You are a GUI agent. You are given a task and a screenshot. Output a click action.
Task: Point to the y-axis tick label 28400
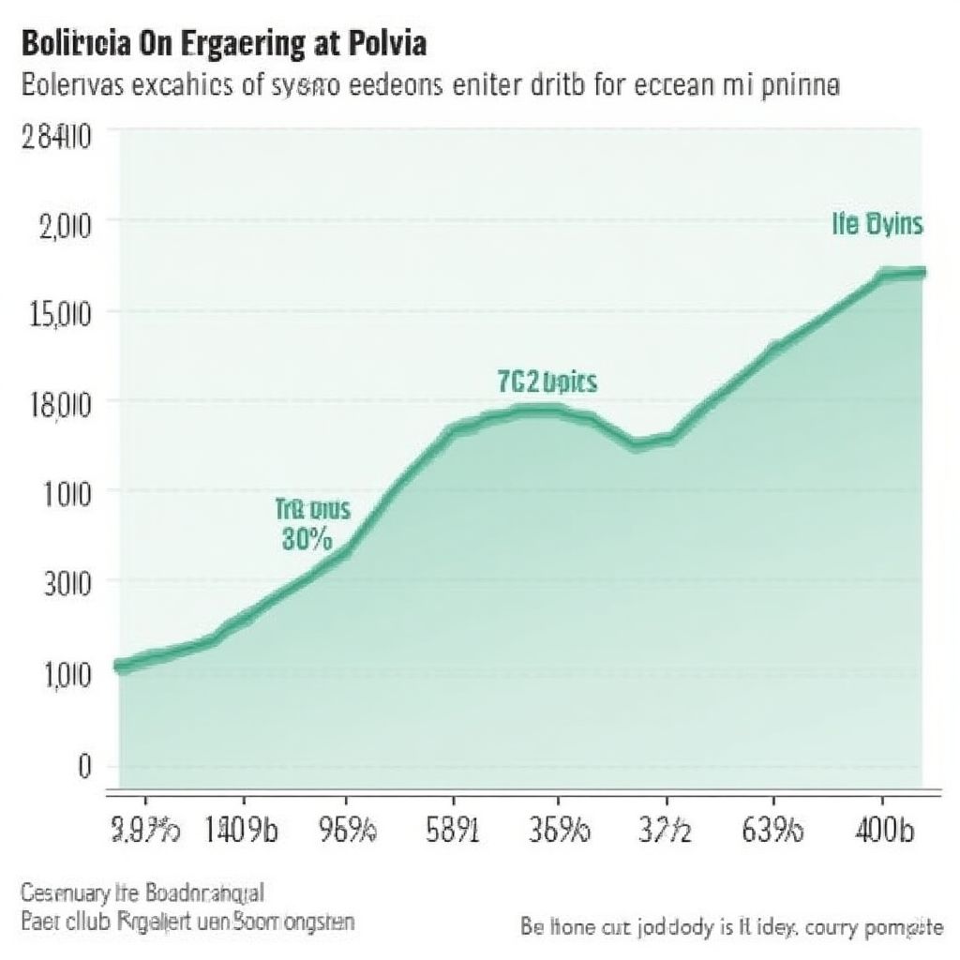click(x=56, y=138)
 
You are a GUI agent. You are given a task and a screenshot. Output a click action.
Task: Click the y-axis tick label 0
click(x=83, y=766)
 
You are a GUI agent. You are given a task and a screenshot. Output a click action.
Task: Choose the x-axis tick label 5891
click(x=452, y=831)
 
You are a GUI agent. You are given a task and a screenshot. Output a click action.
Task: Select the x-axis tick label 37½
click(x=667, y=831)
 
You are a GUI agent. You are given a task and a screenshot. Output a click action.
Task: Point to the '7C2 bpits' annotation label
click(x=547, y=382)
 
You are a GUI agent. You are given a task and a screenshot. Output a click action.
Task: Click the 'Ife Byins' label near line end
click(x=877, y=225)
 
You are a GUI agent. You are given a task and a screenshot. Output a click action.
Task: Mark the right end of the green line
click(x=922, y=272)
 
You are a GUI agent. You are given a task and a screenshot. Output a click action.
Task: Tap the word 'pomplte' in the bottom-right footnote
click(x=905, y=928)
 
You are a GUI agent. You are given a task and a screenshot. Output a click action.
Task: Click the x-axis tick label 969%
click(x=347, y=831)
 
